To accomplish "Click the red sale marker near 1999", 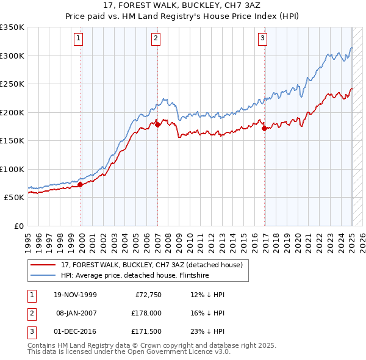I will (81, 184).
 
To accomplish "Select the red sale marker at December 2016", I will (264, 129).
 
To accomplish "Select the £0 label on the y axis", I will (19, 226).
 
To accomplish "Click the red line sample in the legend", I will (44, 265).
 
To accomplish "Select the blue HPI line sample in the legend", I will (44, 275).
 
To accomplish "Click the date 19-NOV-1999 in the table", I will (75, 295).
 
